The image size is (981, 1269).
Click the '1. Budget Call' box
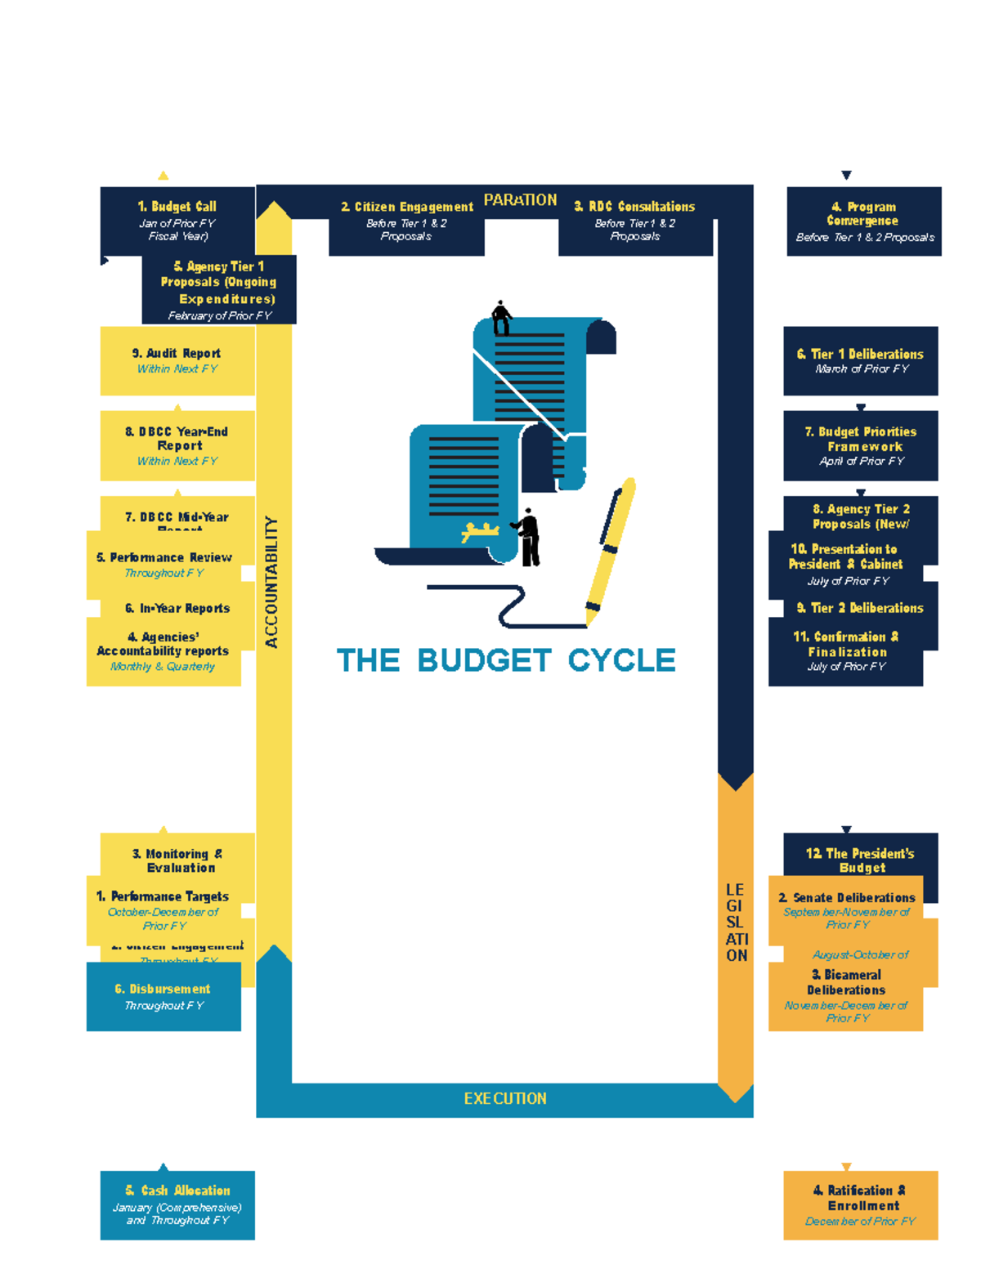coord(177,221)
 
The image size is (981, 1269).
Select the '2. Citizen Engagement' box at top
coord(406,221)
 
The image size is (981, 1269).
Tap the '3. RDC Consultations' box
coord(635,221)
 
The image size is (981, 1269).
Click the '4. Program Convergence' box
coord(863,221)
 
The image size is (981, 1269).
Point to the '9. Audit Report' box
coord(177,360)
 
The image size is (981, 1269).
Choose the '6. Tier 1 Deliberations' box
coord(860,360)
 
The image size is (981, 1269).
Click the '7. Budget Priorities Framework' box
coord(860,445)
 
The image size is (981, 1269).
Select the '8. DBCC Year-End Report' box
coord(177,445)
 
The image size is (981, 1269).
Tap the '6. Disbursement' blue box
coord(163,996)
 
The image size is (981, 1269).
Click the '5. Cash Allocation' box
coord(177,1204)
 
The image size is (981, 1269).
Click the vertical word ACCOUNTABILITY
coord(272,582)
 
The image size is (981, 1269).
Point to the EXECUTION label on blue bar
coord(504,1099)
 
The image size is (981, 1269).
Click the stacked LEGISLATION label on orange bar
coord(736,922)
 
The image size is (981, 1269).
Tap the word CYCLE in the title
coord(621,659)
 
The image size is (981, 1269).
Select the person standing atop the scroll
coord(501,318)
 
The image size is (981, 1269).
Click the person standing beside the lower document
coord(528,537)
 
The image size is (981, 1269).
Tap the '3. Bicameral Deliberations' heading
coord(845,981)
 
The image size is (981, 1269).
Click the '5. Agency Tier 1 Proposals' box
coord(219,289)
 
